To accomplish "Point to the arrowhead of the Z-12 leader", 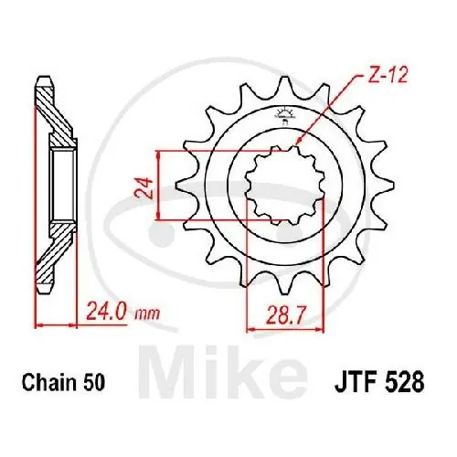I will (x=300, y=143).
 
